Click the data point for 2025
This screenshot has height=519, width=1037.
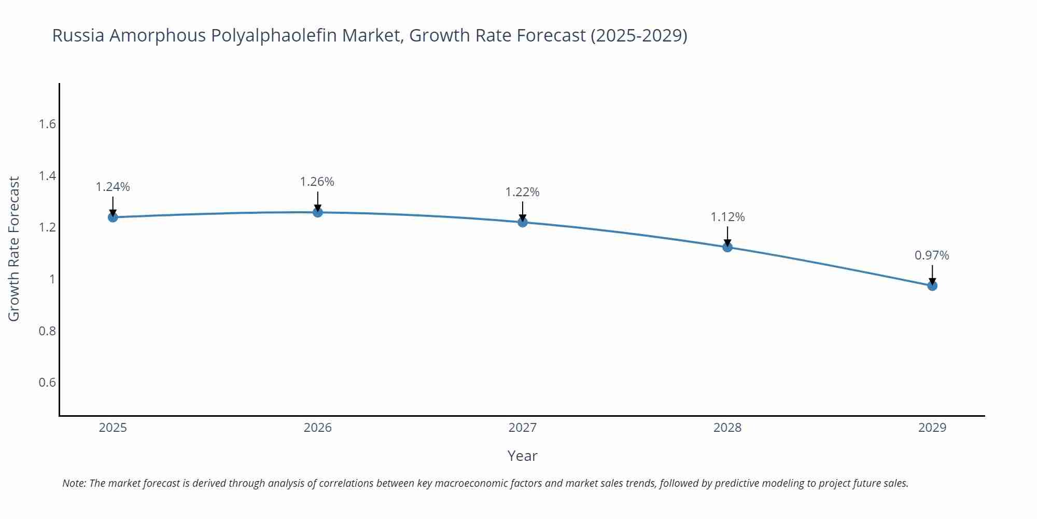click(x=113, y=217)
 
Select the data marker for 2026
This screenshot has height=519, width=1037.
click(x=318, y=212)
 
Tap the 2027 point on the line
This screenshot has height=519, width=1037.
click(x=523, y=222)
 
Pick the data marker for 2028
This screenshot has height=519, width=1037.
click(x=727, y=247)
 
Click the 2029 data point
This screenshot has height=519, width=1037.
click(x=932, y=285)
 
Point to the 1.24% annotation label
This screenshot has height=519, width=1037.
click(x=113, y=187)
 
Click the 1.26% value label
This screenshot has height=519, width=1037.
click(x=317, y=182)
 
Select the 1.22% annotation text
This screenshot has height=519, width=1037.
click(x=523, y=192)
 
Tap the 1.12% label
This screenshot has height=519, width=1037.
click(x=727, y=217)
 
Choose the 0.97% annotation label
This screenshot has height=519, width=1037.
click(x=932, y=255)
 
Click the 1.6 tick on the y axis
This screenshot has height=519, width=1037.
click(x=47, y=124)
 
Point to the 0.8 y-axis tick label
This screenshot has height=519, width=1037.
click(x=47, y=331)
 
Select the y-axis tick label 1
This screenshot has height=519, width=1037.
click(x=52, y=279)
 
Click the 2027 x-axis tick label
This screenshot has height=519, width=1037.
click(x=523, y=428)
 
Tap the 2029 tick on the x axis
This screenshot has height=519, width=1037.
click(x=932, y=428)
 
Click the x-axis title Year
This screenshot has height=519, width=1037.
click(x=522, y=456)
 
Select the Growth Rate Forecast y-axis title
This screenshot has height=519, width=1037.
click(x=14, y=249)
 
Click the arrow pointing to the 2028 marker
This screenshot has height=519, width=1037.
click(x=727, y=237)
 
